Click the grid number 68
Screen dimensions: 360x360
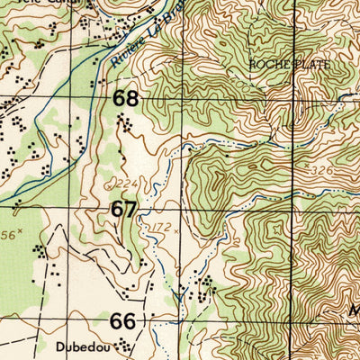pyautogui.click(x=125, y=97)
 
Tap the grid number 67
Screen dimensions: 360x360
pyautogui.click(x=124, y=210)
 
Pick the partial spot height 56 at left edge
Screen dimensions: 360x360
pyautogui.click(x=7, y=233)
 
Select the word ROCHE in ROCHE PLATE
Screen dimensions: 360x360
pyautogui.click(x=267, y=66)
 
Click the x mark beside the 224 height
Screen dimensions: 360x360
pyautogui.click(x=108, y=182)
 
